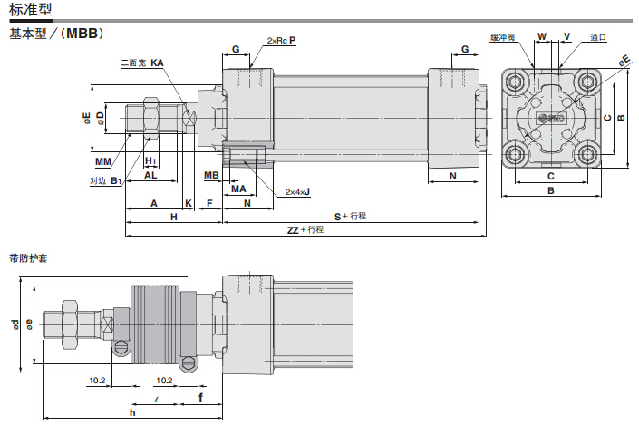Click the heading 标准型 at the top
pyautogui.click(x=30, y=10)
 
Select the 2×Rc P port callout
pyautogui.click(x=281, y=41)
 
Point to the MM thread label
pyautogui.click(x=103, y=161)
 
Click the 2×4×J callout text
pyautogui.click(x=297, y=192)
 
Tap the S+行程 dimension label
pyautogui.click(x=350, y=216)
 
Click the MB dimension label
pyautogui.click(x=210, y=175)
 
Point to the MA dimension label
pyautogui.click(x=238, y=189)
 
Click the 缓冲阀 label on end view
pyautogui.click(x=502, y=38)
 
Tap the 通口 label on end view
pyautogui.click(x=597, y=38)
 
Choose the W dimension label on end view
pyautogui.click(x=542, y=37)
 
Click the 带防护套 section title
pyautogui.click(x=26, y=257)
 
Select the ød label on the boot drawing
pyautogui.click(x=15, y=324)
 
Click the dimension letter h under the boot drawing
pyautogui.click(x=132, y=412)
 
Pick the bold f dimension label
pyautogui.click(x=199, y=397)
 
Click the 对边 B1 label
pyautogui.click(x=105, y=180)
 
